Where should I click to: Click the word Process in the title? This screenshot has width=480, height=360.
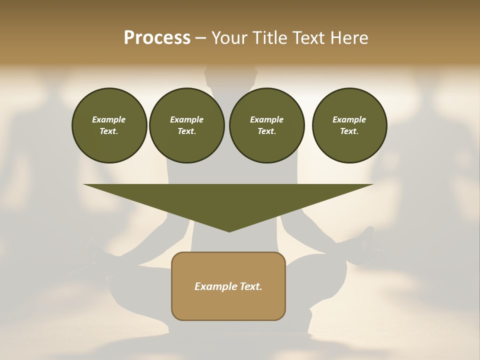157,38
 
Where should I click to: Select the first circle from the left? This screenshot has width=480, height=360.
109,125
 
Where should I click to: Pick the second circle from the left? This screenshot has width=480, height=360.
187,125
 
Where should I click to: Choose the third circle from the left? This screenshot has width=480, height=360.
267,125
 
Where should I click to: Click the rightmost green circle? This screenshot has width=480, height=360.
349,125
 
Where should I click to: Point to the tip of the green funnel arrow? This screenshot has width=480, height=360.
229,231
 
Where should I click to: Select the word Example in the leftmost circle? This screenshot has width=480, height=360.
109,119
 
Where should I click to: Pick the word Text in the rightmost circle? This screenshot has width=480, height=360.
349,131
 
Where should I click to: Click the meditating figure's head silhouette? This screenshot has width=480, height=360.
231,75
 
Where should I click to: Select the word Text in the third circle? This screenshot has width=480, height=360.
267,131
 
